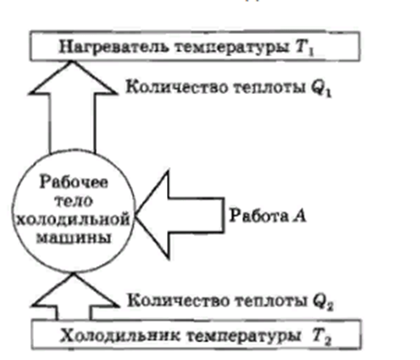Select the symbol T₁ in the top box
click(305, 47)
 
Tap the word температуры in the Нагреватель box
click(231, 47)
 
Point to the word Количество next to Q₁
click(176, 87)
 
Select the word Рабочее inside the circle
click(74, 181)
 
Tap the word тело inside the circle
click(74, 201)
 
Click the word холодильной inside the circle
click(73, 220)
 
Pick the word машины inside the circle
click(73, 238)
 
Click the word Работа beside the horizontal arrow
click(259, 215)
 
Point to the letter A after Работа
click(299, 215)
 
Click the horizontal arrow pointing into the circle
click(180, 215)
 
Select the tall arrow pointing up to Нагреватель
click(72, 107)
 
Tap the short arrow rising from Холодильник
click(74, 297)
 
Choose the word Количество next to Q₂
click(178, 300)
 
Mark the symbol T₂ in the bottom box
click(322, 337)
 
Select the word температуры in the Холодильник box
click(243, 337)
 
